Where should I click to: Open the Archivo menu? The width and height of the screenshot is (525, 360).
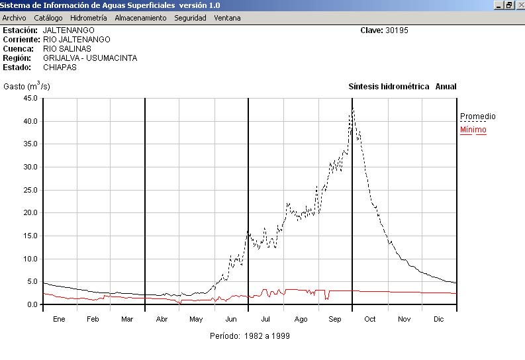(x=14, y=18)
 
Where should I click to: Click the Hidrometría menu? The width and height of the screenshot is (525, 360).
(x=88, y=18)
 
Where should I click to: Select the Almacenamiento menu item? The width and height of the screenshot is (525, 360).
(x=140, y=18)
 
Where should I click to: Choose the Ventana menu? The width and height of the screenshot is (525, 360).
(x=227, y=18)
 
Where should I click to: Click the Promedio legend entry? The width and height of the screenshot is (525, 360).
(x=477, y=116)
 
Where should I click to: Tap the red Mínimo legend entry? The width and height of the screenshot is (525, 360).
(x=473, y=130)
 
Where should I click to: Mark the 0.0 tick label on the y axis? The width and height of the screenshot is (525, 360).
(x=32, y=304)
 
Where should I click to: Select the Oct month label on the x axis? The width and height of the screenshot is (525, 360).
(x=369, y=319)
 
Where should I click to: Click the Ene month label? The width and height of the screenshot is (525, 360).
(x=59, y=319)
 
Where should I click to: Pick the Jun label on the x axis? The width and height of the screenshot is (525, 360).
(x=231, y=319)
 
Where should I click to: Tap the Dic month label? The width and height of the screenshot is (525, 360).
(x=438, y=319)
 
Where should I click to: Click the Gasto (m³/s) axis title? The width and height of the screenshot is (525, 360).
(x=26, y=86)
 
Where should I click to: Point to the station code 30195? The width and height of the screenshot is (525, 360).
(x=397, y=30)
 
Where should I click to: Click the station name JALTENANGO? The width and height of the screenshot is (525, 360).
(x=68, y=30)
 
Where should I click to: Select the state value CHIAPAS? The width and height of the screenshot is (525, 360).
(x=60, y=67)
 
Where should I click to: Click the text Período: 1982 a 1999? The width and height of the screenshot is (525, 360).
(x=249, y=336)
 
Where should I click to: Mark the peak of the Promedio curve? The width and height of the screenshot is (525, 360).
(x=353, y=108)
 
